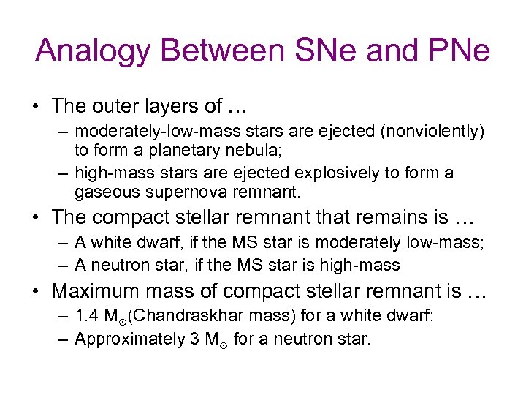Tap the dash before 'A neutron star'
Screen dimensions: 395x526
pos(61,265)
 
